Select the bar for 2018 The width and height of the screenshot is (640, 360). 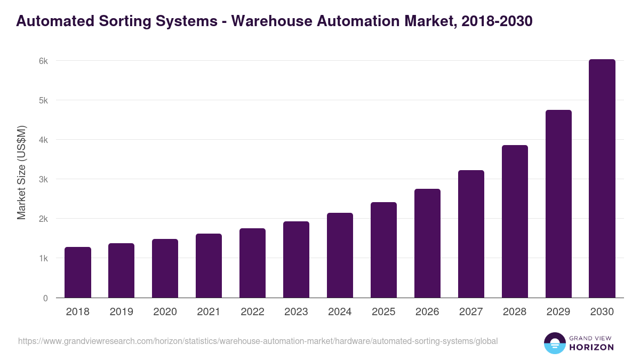78,272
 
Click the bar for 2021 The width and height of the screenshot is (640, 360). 209,266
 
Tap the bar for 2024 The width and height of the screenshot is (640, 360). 340,255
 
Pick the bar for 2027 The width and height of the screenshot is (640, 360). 471,234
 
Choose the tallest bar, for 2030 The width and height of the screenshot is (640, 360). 602,179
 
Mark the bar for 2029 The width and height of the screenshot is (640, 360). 558,204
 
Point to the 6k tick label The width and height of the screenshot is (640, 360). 43,61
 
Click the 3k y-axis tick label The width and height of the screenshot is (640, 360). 43,179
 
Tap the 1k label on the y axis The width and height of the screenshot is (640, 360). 43,258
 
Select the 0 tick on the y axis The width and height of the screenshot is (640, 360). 45,298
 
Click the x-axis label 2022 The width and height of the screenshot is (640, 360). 252,312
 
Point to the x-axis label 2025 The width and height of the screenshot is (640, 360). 383,312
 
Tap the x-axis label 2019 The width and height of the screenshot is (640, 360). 121,312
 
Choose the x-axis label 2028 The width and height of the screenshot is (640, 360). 515,312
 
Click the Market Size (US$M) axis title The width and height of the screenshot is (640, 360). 21,172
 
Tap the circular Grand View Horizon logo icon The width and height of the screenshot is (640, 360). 554,343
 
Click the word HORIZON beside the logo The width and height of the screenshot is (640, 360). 591,347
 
